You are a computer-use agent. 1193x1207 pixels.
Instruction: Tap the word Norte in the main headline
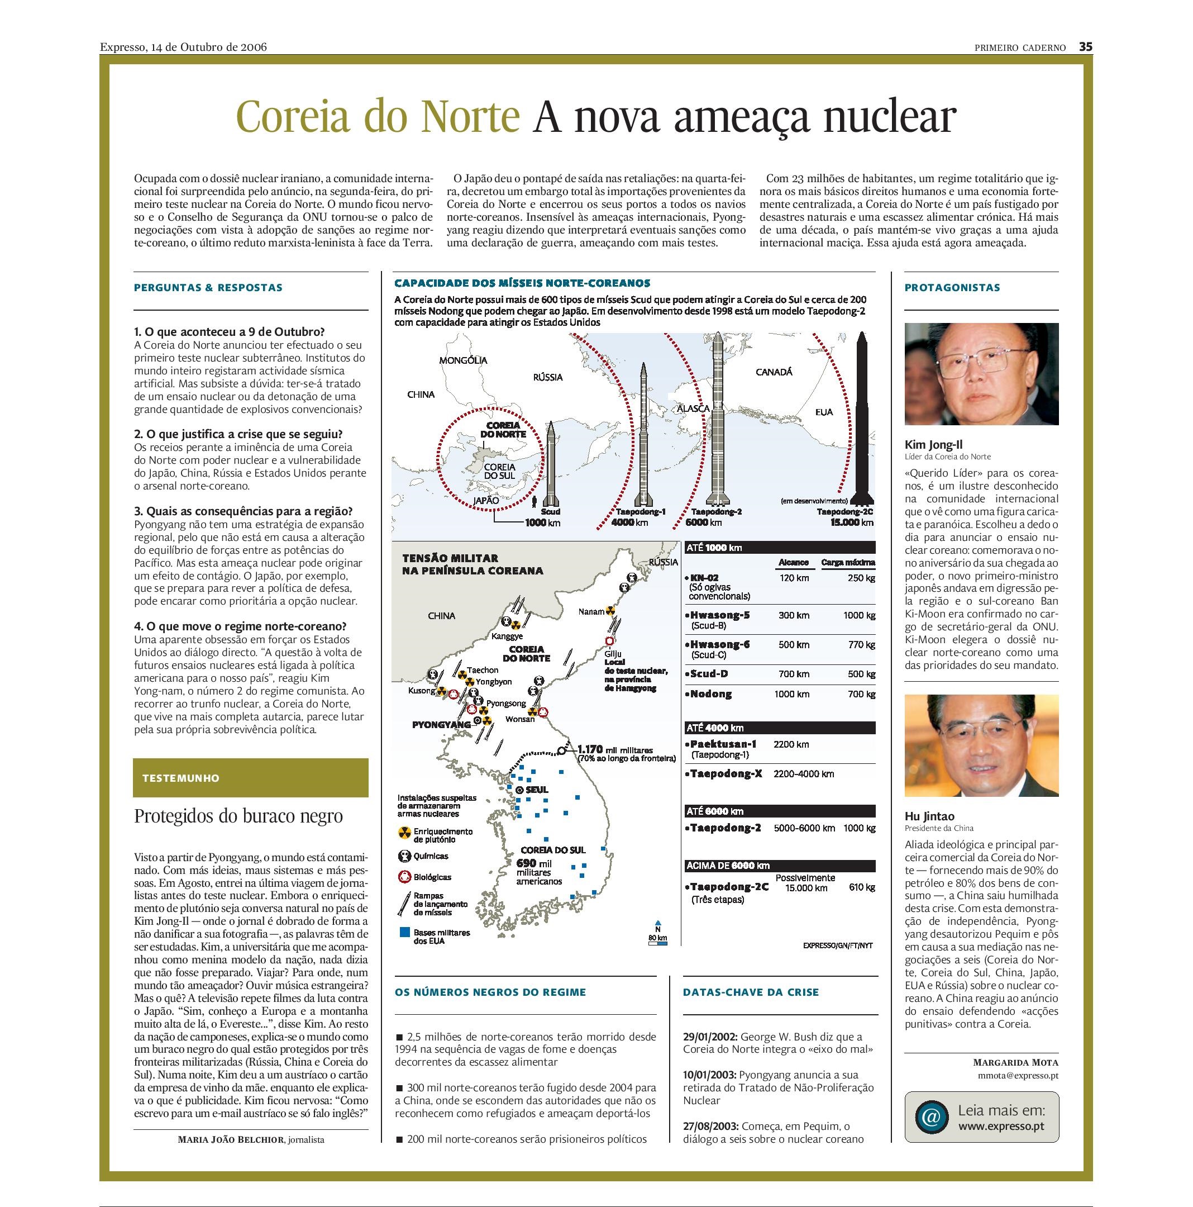tap(470, 116)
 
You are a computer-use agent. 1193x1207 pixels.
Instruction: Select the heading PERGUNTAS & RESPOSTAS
tap(208, 288)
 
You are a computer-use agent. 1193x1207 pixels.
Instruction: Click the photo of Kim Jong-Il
tap(981, 374)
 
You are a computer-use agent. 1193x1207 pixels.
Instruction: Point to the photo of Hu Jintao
tap(981, 745)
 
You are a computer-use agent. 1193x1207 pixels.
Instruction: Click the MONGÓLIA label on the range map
tap(462, 360)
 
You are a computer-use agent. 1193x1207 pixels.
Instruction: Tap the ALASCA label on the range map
tap(694, 408)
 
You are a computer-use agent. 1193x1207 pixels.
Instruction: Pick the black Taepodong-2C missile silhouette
tap(863, 419)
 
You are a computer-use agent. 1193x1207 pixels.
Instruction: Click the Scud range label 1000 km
tap(542, 522)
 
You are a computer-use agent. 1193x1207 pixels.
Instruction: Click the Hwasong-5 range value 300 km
tap(794, 615)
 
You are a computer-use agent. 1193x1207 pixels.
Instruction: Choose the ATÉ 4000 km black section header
tap(780, 728)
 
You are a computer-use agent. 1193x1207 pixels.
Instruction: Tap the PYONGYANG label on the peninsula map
tap(441, 725)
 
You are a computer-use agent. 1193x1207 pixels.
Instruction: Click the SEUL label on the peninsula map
tap(537, 790)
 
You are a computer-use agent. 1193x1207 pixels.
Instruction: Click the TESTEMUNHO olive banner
tap(250, 778)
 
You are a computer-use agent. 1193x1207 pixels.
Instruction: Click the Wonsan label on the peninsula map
tap(519, 719)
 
